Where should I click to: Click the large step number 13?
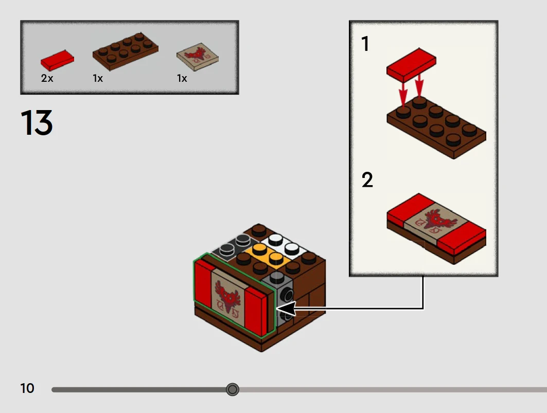37,123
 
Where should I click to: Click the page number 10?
27,388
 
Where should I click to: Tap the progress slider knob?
233,389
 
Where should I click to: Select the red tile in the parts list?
57,61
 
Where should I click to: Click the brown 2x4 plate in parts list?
125,51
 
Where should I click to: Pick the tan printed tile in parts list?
197,57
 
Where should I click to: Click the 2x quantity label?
47,79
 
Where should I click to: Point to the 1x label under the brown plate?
98,79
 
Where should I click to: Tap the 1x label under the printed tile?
182,79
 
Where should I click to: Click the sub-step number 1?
365,44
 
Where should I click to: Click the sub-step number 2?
367,180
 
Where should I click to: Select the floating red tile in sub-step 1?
411,64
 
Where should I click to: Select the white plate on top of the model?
285,245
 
